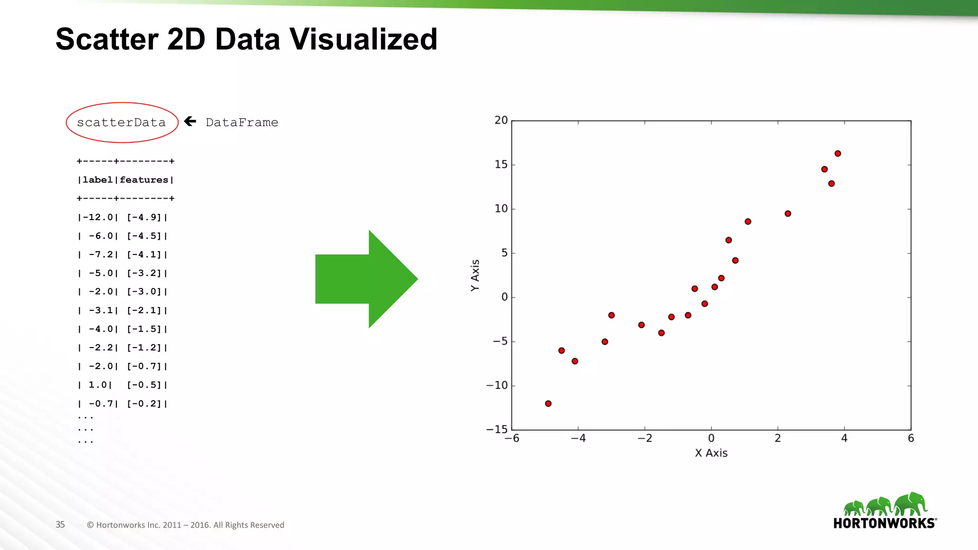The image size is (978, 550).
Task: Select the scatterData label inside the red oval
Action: [x=121, y=123]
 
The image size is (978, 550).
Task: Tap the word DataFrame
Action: [x=242, y=123]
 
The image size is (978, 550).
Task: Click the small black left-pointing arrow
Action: [x=190, y=121]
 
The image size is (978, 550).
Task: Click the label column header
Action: [x=97, y=180]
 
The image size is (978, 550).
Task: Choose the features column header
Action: [x=144, y=180]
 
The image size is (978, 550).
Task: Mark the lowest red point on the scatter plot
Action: [x=548, y=403]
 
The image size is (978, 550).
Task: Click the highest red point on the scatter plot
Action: [x=838, y=153]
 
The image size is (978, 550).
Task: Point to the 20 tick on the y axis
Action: [x=501, y=120]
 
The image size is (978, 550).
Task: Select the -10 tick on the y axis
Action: [x=497, y=385]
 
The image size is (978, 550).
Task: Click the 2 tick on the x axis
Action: [x=777, y=438]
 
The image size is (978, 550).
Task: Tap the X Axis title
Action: [x=711, y=453]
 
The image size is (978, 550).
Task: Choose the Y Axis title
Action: [x=475, y=275]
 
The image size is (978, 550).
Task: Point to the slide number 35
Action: [x=60, y=525]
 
